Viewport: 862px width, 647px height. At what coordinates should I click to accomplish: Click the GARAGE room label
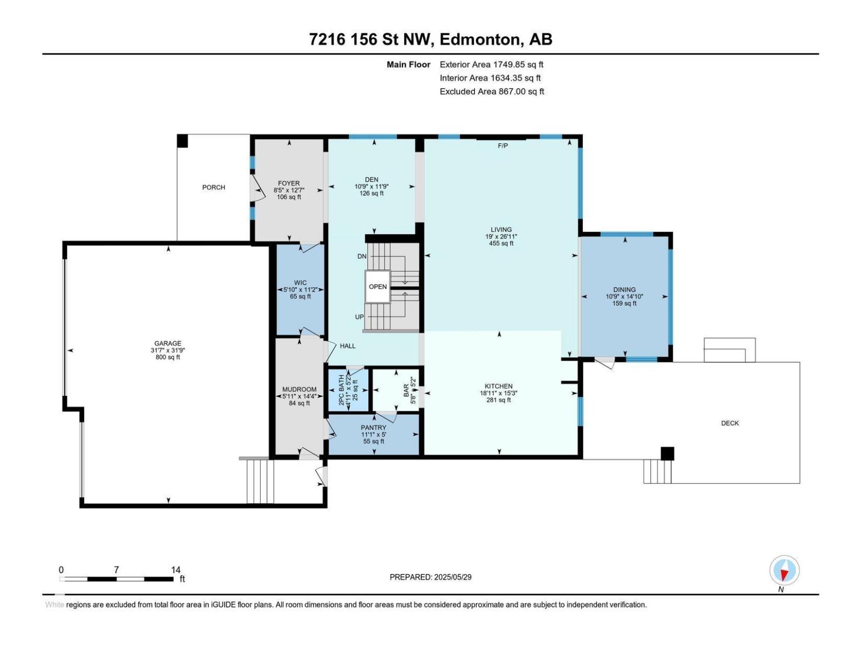(168, 343)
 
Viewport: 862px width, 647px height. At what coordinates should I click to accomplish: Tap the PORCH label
(213, 187)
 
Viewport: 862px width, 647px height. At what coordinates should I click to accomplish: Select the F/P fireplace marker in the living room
(503, 146)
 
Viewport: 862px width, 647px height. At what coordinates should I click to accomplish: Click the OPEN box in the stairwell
(378, 286)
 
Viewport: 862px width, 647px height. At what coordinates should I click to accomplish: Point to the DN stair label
(362, 256)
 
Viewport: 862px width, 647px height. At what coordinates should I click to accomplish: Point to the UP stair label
(359, 317)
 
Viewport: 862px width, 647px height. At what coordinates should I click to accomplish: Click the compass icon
(784, 570)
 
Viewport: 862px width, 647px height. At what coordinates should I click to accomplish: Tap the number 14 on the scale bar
(176, 570)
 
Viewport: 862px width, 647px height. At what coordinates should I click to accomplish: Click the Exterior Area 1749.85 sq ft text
(491, 65)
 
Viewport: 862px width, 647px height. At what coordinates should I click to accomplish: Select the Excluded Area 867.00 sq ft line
(491, 92)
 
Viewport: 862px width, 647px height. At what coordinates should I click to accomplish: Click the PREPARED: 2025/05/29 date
(430, 577)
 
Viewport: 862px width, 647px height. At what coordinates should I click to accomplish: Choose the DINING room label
(624, 290)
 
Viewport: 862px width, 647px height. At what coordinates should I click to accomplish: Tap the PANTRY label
(373, 428)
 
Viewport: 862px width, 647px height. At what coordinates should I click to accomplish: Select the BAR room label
(406, 390)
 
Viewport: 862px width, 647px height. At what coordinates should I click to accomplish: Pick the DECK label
(729, 423)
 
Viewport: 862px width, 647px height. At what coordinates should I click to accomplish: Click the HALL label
(347, 346)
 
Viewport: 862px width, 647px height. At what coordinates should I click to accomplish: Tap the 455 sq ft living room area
(500, 243)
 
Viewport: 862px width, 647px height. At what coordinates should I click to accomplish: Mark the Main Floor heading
(408, 65)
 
